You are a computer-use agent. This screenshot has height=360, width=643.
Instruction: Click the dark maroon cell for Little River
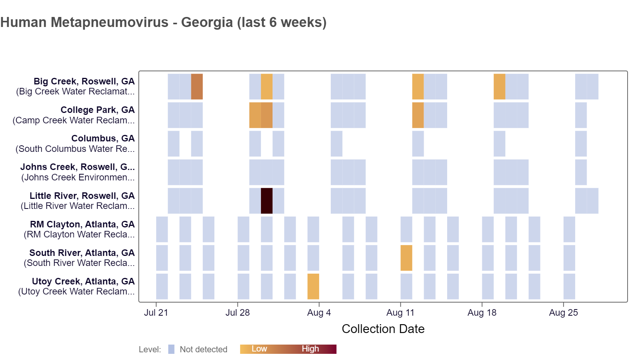(266, 201)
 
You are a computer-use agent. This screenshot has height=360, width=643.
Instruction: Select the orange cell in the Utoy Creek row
(313, 286)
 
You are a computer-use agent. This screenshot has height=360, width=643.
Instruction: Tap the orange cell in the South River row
(406, 258)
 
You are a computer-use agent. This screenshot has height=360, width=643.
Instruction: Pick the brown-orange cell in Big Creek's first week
(197, 87)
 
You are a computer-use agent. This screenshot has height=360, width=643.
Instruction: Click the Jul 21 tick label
(156, 313)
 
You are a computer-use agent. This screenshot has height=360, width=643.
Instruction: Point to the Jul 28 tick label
(237, 313)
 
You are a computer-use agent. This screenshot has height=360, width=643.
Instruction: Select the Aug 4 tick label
(319, 313)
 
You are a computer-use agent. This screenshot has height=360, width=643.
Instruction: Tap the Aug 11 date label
(400, 313)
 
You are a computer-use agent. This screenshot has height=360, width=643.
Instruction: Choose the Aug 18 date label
(482, 313)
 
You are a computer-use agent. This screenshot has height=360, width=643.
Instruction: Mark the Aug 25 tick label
(563, 313)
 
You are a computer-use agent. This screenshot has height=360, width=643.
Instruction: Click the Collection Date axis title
(383, 329)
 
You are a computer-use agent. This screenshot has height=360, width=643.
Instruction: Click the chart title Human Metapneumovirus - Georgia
(163, 22)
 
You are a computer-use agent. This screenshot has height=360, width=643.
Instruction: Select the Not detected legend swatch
(172, 349)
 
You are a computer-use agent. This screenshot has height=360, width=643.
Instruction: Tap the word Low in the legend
(259, 349)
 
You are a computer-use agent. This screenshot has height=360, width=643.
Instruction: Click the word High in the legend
(310, 349)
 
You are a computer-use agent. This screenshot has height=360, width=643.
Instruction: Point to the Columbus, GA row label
(103, 138)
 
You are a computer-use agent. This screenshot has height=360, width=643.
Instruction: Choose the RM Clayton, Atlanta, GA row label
(82, 224)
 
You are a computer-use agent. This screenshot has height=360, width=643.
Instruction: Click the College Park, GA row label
(98, 110)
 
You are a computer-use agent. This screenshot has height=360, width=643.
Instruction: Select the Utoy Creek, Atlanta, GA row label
(83, 281)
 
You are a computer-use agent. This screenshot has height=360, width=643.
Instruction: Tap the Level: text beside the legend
(150, 350)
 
